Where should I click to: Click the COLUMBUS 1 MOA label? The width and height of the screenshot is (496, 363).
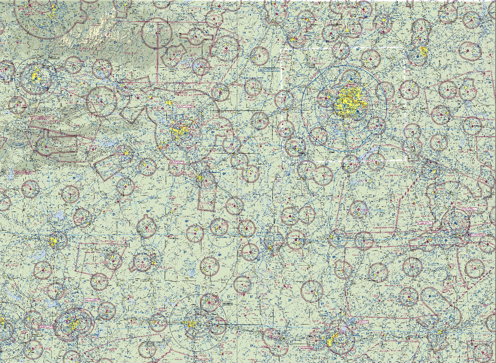(x=384, y=228)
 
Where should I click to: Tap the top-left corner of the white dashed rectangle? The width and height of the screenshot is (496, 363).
(x=281, y=48)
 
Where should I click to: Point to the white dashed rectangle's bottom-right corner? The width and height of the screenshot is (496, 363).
(x=407, y=161)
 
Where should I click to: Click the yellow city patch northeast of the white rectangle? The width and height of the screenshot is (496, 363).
(x=424, y=52)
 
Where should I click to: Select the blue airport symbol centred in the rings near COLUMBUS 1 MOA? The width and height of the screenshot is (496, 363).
(x=455, y=223)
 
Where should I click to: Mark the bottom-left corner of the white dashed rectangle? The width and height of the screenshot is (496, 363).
(x=282, y=161)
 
